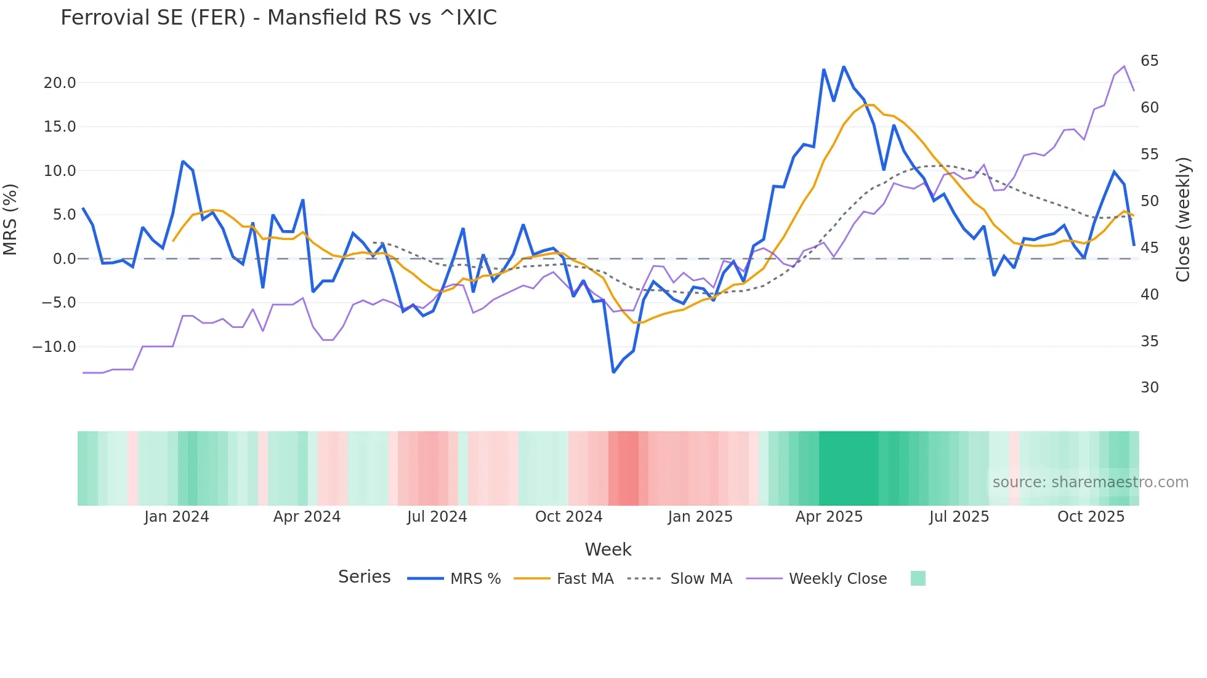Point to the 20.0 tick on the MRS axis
tap(60, 83)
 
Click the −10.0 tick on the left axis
tap(54, 347)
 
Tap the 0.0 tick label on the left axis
tap(64, 259)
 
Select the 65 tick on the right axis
tap(1149, 61)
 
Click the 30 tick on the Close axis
tap(1149, 388)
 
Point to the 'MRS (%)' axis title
tap(10, 220)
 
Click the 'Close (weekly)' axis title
tap(1182, 220)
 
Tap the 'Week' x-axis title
tap(608, 549)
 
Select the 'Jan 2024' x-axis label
tap(177, 517)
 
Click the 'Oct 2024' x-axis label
tap(568, 517)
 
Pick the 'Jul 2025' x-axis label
tap(959, 517)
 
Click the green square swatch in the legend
tap(918, 578)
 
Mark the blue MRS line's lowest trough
tap(613, 372)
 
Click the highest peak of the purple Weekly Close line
tap(1124, 66)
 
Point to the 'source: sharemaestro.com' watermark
tap(1090, 482)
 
